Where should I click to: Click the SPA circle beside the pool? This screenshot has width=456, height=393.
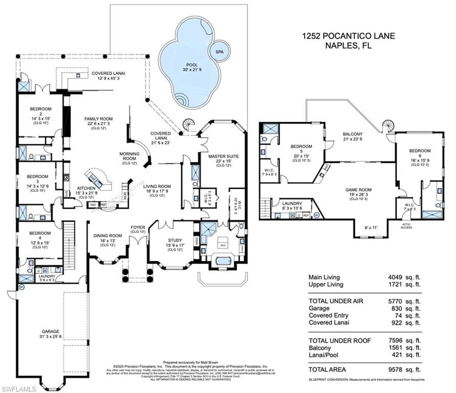click(219, 51)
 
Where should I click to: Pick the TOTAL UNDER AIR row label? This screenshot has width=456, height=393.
click(336, 301)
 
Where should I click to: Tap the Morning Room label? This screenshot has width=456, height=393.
click(129, 156)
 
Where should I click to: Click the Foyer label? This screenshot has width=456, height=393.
click(138, 227)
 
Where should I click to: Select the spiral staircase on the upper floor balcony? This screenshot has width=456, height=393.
click(389, 125)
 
